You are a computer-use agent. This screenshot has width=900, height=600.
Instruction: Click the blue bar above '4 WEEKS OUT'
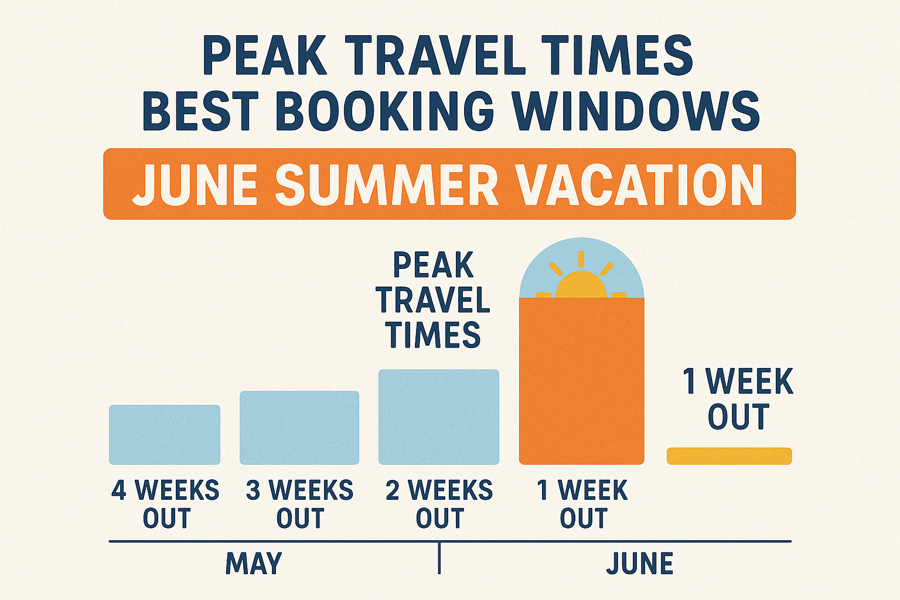tap(165, 435)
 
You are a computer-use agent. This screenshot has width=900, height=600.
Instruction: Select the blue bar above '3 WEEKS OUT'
tap(299, 428)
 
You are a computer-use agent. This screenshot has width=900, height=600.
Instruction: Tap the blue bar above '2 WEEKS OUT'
tap(439, 417)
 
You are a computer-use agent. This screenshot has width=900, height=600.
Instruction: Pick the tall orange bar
tap(582, 381)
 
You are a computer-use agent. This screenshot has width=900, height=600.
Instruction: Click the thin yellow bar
tap(729, 456)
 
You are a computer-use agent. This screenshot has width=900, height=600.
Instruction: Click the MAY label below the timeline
tap(254, 564)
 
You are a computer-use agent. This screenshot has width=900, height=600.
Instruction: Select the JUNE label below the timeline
tap(640, 564)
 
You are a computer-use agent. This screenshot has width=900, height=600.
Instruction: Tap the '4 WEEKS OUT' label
tap(165, 504)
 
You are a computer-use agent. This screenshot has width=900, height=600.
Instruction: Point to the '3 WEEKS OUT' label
tap(300, 504)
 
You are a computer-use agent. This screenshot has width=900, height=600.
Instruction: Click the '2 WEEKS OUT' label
tap(439, 504)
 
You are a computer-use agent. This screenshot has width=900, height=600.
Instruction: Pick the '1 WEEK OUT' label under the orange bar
tap(582, 504)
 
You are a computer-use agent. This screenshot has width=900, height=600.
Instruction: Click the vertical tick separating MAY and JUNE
tap(439, 558)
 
